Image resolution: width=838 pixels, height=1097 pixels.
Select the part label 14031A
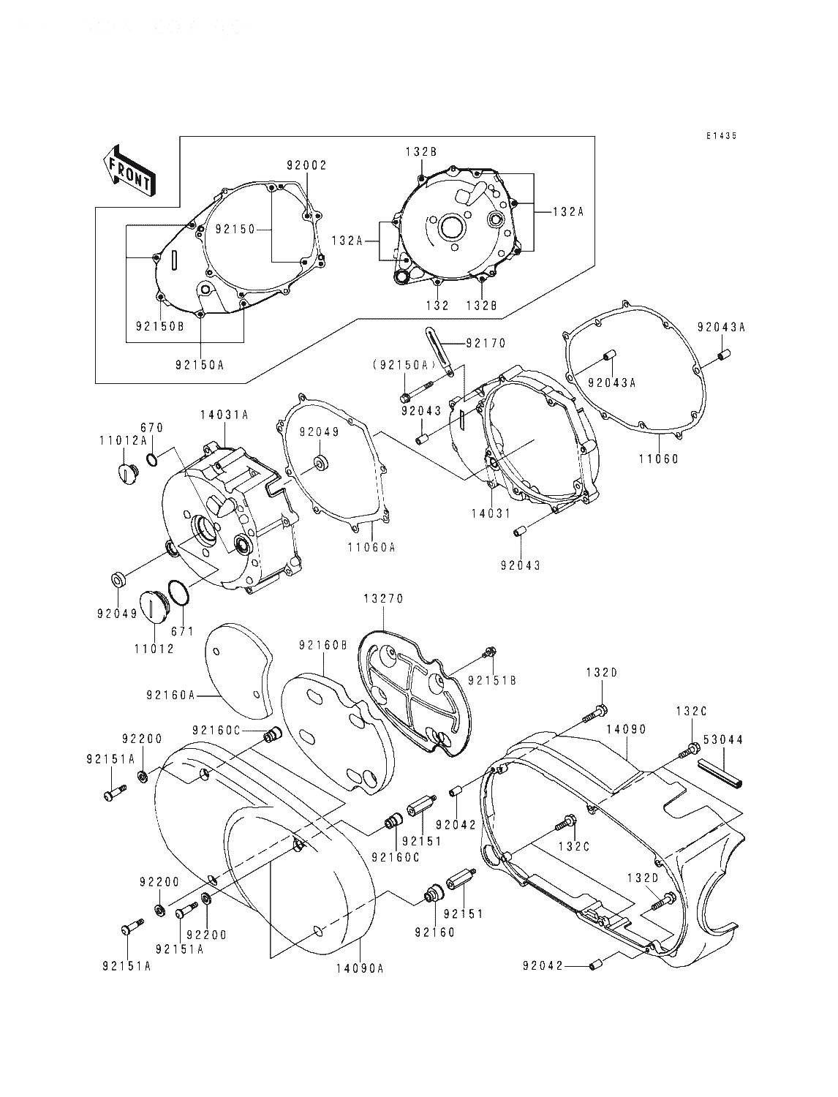point(224,415)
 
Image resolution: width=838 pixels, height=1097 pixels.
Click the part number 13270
point(383,598)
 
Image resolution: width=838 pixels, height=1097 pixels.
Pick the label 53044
point(724,740)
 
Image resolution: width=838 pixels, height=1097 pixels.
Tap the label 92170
point(485,342)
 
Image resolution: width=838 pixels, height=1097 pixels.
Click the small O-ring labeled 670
point(151,459)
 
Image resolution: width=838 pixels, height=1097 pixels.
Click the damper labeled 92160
point(434,896)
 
